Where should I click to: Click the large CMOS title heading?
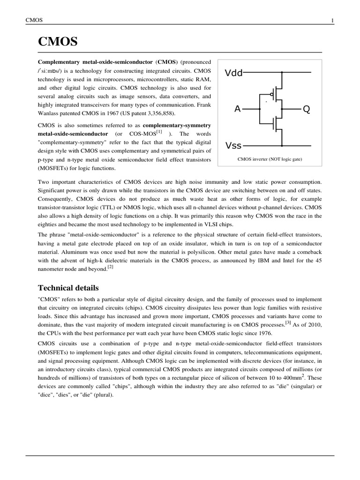[x=58, y=43]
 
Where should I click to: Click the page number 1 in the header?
[x=332, y=21]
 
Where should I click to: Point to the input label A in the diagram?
[x=237, y=109]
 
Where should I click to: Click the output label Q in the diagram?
[x=306, y=109]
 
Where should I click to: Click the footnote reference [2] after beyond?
[x=110, y=267]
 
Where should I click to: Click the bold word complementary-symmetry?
[x=177, y=126]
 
